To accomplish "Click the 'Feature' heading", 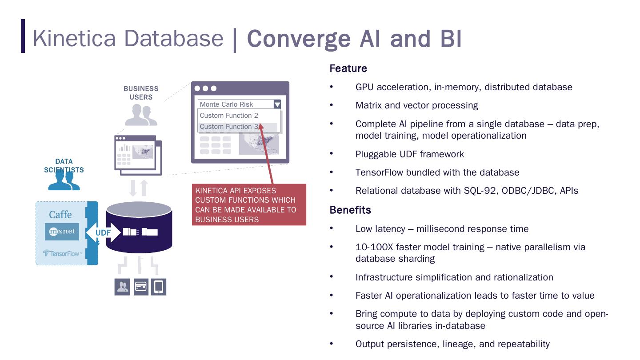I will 348,68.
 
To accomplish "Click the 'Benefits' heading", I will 350,210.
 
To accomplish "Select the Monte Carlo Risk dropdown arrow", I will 277,104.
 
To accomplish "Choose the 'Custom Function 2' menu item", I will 229,116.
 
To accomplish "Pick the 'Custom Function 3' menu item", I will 229,127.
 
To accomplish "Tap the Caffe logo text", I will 60,215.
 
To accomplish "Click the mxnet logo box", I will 62,232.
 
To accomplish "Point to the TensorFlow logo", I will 62,253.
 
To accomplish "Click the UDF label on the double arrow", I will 103,232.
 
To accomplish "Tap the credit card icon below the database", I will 141,287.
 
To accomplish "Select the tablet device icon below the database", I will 159,287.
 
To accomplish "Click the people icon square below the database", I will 122,287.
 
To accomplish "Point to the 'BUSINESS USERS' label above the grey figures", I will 141,93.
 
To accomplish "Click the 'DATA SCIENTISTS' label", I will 64,165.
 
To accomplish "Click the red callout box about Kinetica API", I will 249,205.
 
